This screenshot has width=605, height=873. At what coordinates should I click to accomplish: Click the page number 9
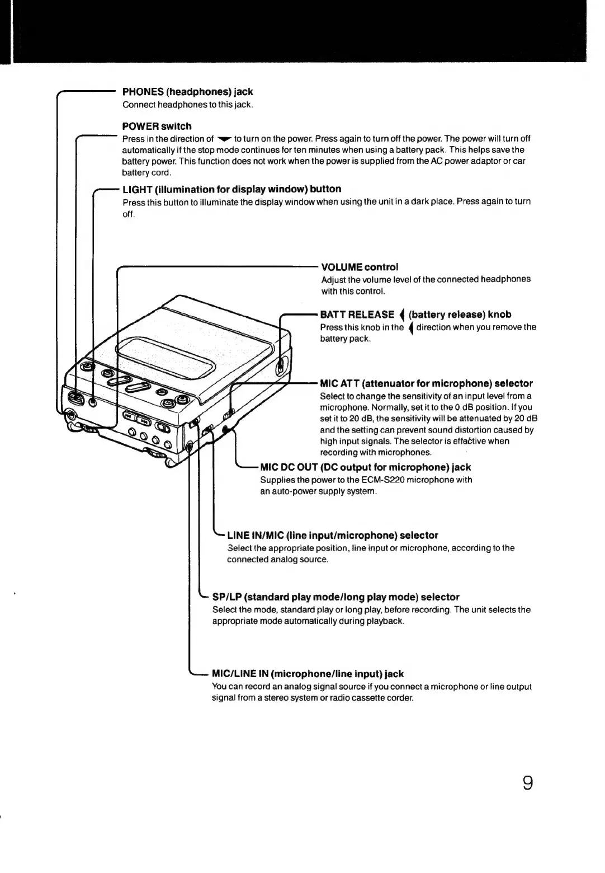[527, 782]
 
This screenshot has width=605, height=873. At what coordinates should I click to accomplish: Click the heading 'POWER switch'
[157, 126]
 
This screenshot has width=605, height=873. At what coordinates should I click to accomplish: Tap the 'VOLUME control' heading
[360, 267]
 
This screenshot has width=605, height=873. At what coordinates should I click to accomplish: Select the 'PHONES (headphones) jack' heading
[187, 92]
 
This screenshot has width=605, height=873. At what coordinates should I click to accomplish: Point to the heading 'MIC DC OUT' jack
[365, 467]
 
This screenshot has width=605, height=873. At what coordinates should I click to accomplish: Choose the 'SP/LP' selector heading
[335, 597]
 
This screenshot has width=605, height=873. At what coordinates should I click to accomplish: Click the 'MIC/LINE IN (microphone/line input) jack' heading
[308, 674]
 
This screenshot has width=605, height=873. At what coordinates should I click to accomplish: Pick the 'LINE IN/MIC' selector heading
[332, 536]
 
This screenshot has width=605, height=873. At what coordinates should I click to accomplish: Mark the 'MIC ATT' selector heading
[426, 383]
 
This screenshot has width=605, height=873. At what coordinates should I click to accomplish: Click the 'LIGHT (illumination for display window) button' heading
[231, 189]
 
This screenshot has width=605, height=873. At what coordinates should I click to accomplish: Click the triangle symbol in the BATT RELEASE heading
[401, 315]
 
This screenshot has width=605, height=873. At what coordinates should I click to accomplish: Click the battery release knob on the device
[281, 367]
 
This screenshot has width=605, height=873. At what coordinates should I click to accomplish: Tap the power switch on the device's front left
[76, 399]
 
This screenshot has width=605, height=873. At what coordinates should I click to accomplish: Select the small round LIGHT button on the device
[93, 402]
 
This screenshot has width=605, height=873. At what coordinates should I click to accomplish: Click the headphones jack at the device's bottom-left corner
[70, 416]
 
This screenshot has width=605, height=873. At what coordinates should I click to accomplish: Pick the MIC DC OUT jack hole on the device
[225, 430]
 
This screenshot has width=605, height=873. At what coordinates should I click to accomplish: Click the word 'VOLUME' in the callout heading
[342, 267]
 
